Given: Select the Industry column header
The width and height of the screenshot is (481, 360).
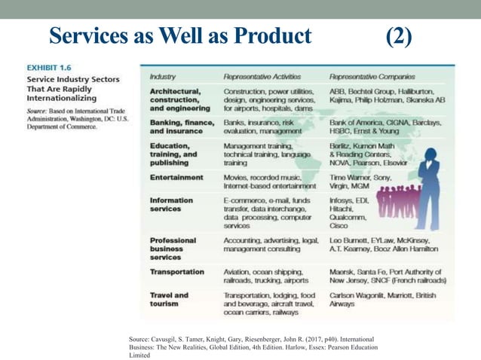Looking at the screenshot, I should [163, 76].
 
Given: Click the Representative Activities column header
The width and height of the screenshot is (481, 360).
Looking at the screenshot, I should [265, 76].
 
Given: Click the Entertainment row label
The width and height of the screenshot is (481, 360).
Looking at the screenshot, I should [176, 178].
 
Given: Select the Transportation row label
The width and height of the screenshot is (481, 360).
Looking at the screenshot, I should [177, 272].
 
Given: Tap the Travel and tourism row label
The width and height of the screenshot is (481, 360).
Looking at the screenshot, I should [170, 300].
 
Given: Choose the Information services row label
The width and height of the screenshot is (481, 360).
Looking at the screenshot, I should [172, 206].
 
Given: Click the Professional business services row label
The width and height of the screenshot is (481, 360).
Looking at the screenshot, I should [173, 249].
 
